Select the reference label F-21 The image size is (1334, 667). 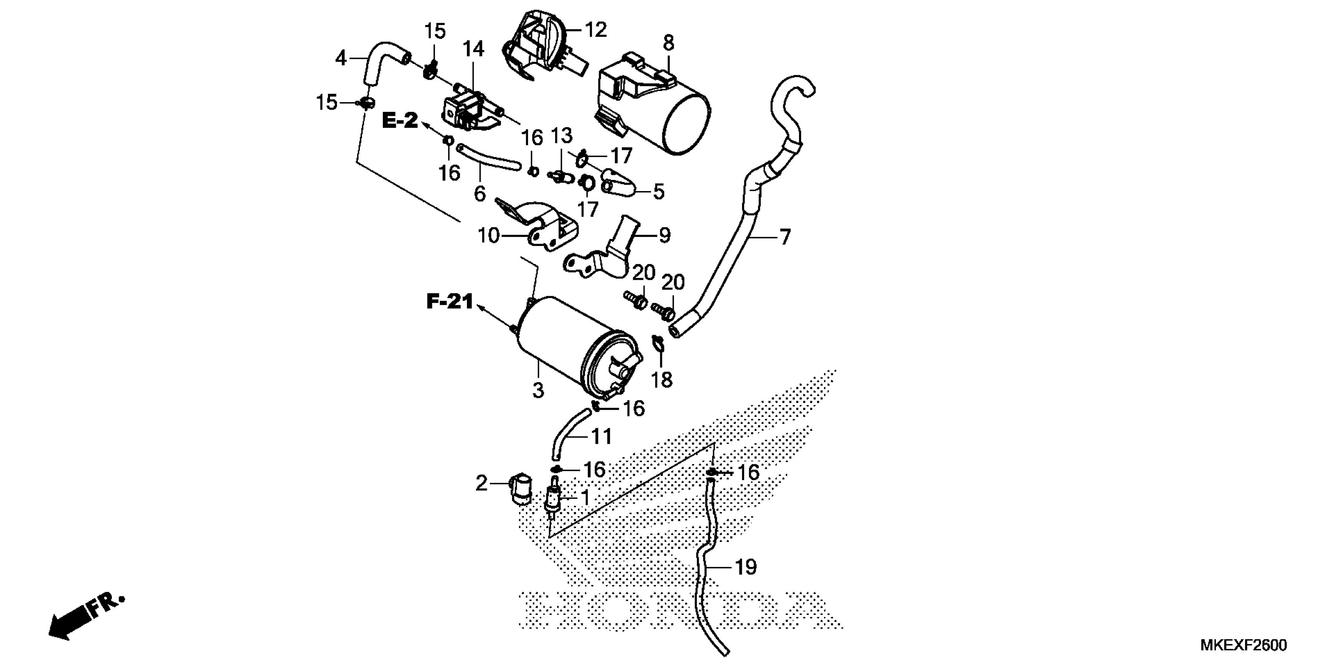tap(450, 301)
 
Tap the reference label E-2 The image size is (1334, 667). tap(400, 121)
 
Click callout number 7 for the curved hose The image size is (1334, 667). tap(785, 237)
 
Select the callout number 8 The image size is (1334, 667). tap(669, 43)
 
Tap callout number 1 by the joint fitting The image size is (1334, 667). tap(585, 498)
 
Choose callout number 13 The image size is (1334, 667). tap(561, 136)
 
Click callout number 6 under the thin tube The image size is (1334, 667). tap(479, 194)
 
